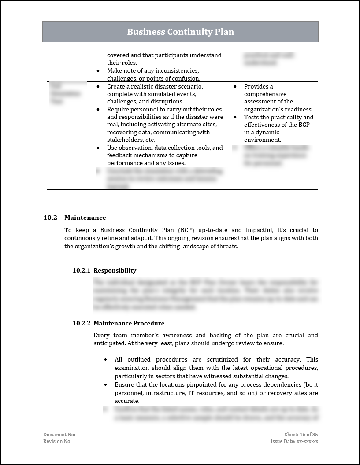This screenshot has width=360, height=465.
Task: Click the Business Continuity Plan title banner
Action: point(180,32)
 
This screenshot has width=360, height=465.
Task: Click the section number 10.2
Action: point(50,218)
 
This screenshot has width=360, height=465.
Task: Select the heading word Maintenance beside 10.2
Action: point(85,218)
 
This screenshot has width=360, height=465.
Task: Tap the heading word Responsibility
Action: point(115,270)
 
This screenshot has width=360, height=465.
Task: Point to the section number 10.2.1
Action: point(82,270)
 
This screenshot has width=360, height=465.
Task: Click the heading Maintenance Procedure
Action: point(129,323)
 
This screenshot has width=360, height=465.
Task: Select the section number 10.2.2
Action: point(82,323)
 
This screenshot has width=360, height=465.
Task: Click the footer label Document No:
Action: point(56,435)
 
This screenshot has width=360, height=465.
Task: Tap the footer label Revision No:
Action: point(57,441)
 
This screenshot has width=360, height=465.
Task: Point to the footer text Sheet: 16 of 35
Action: point(301,435)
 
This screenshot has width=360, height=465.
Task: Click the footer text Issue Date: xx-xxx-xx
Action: point(294,441)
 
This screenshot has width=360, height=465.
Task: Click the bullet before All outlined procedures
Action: point(105,360)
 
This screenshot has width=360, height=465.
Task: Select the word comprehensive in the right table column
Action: point(265,94)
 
